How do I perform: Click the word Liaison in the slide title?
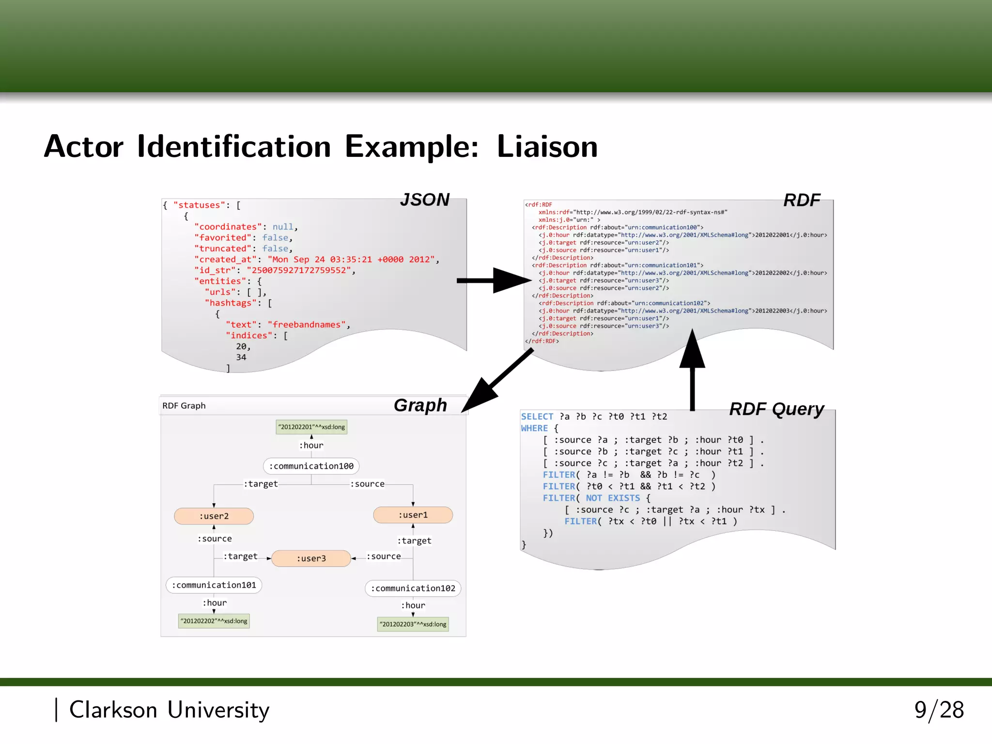(x=547, y=147)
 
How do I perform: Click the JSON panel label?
(x=425, y=200)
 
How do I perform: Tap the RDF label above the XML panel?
(x=802, y=200)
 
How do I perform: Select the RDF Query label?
(x=776, y=409)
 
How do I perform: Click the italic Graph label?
(x=420, y=405)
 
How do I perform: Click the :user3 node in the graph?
(x=311, y=558)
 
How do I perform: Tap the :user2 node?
(x=214, y=516)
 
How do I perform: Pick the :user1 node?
(x=413, y=515)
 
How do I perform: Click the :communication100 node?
(x=311, y=466)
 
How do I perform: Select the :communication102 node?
(x=413, y=589)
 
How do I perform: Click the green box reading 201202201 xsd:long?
(x=311, y=427)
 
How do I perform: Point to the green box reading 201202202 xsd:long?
(x=214, y=621)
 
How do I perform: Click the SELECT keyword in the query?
(x=537, y=417)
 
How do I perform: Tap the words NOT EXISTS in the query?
(x=613, y=498)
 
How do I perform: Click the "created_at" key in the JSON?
(x=225, y=260)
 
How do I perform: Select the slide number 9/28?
(x=939, y=710)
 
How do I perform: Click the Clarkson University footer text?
(x=169, y=710)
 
